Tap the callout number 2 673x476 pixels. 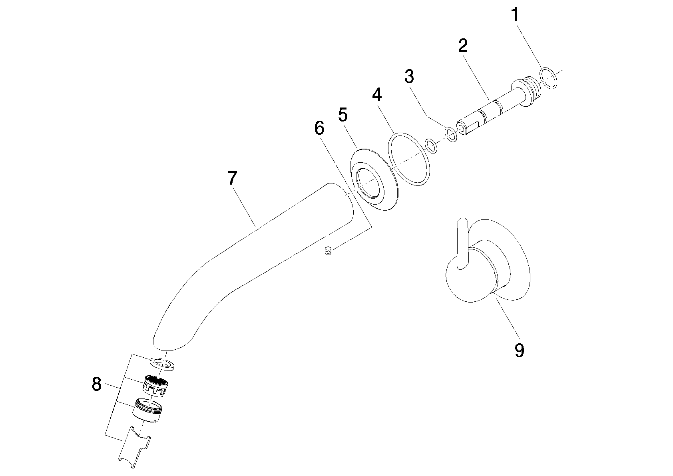tap(463, 46)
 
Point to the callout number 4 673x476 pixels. tap(377, 95)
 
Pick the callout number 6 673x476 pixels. tap(319, 128)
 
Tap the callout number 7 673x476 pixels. tap(233, 178)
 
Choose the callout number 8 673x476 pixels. tap(96, 384)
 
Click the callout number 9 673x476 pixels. tap(520, 350)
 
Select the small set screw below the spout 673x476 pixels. tap(328, 251)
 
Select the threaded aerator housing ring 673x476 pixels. tap(147, 411)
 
